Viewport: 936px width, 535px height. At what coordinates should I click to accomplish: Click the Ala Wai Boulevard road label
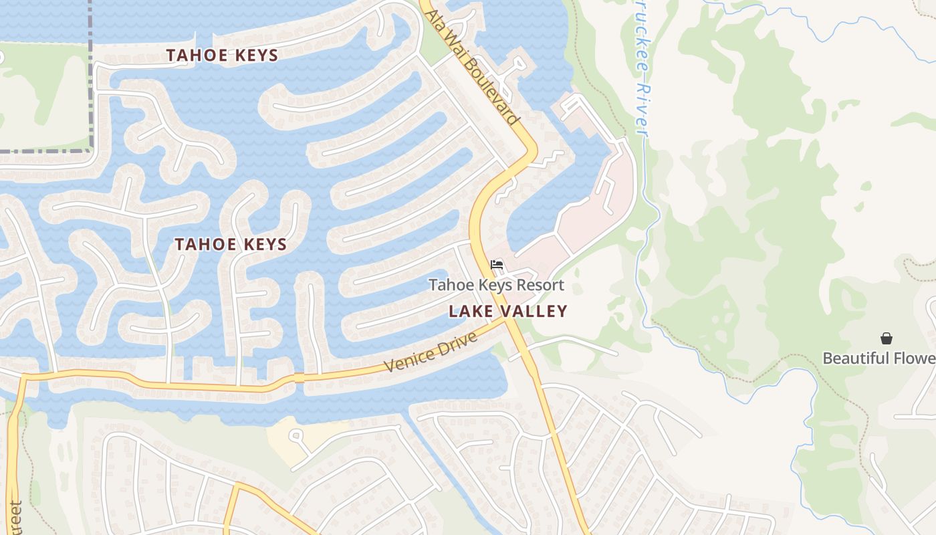pyautogui.click(x=473, y=68)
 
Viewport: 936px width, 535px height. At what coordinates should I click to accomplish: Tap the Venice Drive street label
pyautogui.click(x=431, y=352)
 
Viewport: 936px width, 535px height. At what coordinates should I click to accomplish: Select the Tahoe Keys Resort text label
pyautogui.click(x=496, y=286)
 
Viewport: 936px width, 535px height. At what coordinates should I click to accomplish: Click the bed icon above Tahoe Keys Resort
pyautogui.click(x=496, y=265)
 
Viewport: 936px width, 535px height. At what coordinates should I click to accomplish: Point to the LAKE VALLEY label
pyautogui.click(x=507, y=311)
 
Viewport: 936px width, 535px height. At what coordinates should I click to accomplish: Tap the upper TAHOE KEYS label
pyautogui.click(x=222, y=56)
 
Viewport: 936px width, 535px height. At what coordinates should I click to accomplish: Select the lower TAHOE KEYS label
pyautogui.click(x=231, y=245)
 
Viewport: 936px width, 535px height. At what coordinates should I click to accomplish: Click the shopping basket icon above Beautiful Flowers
pyautogui.click(x=886, y=338)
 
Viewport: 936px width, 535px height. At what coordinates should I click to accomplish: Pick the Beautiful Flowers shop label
pyautogui.click(x=879, y=358)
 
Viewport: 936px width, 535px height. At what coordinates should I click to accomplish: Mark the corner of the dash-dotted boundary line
pyautogui.click(x=90, y=150)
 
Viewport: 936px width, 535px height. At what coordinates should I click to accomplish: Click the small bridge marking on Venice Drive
pyautogui.click(x=299, y=378)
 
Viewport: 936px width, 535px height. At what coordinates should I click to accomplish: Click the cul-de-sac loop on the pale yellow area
pyautogui.click(x=295, y=435)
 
